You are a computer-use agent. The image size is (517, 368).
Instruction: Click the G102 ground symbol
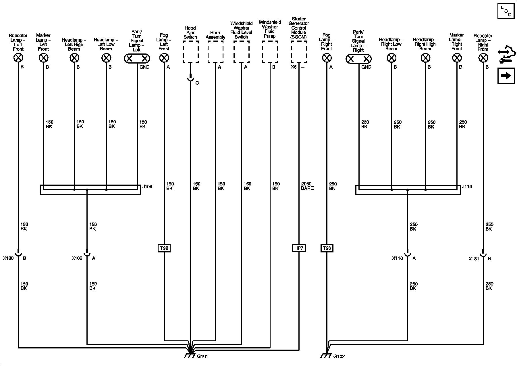pyautogui.click(x=326, y=356)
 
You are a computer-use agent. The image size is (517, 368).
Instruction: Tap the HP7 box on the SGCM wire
pyautogui.click(x=299, y=248)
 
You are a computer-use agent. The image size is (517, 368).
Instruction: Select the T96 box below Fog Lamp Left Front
pyautogui.click(x=164, y=248)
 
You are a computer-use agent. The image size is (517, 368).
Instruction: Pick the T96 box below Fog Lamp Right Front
pyautogui.click(x=327, y=248)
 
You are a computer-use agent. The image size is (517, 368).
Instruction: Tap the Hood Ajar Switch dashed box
pyautogui.click(x=190, y=52)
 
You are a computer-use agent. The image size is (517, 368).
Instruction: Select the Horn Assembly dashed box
pyautogui.click(x=215, y=52)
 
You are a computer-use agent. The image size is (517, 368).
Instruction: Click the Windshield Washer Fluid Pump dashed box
pyautogui.click(x=270, y=52)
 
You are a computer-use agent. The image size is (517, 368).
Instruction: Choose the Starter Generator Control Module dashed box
pyautogui.click(x=299, y=52)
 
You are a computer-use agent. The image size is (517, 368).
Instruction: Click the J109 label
pyautogui.click(x=147, y=187)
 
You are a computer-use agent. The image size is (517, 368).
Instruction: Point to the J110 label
pyautogui.click(x=467, y=187)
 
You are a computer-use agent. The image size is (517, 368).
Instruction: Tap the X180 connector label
pyautogui.click(x=8, y=258)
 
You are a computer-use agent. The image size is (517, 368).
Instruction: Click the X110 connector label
pyautogui.click(x=397, y=258)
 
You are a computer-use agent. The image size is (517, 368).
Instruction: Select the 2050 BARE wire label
pyautogui.click(x=307, y=186)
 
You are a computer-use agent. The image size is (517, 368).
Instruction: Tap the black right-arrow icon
pyautogui.click(x=506, y=76)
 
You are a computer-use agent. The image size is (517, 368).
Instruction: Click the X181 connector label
pyautogui.click(x=474, y=258)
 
